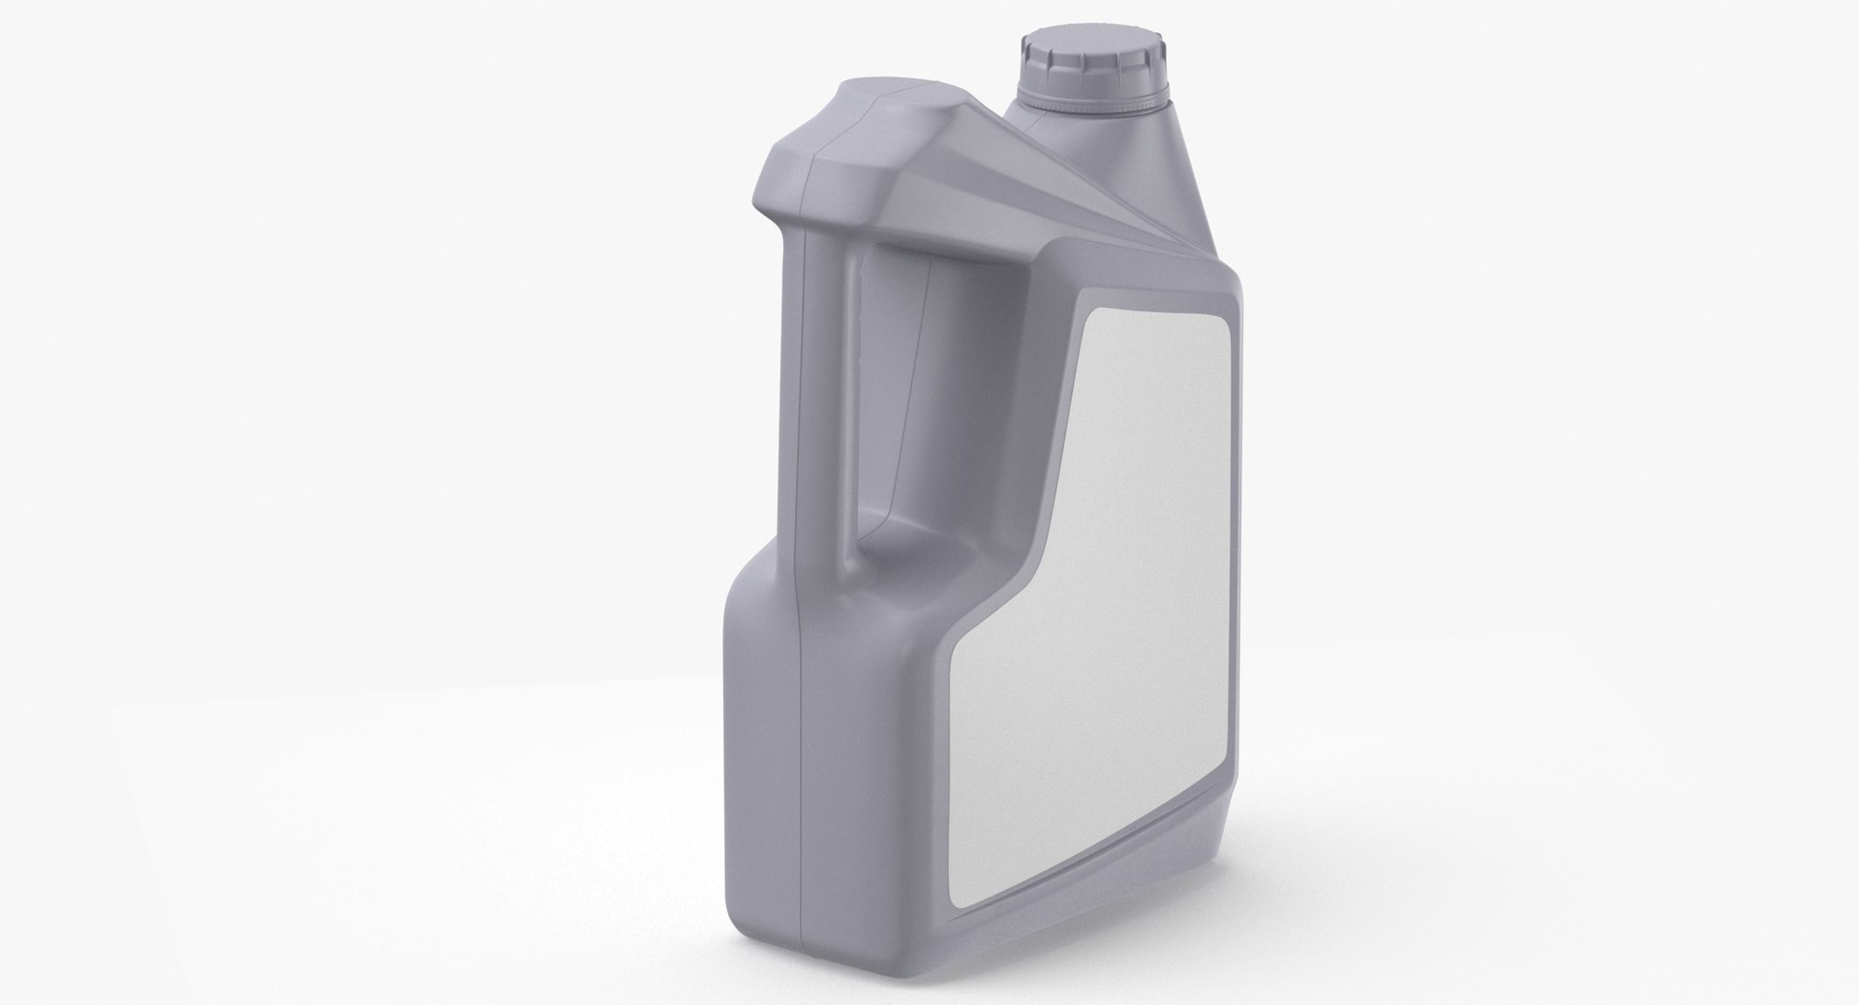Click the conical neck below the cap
tap(1152, 165)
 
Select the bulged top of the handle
tap(852, 145)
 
